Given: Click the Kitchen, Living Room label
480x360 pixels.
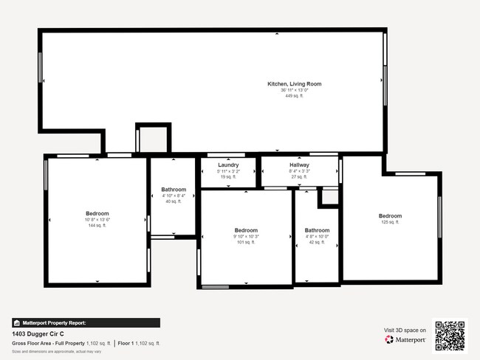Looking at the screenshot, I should [x=294, y=84].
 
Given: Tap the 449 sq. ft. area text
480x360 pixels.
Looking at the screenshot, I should [x=294, y=96].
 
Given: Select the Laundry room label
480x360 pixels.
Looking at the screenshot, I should [x=228, y=165].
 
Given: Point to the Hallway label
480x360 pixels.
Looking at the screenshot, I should [x=299, y=165].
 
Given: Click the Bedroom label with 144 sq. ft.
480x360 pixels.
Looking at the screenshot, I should [x=97, y=213].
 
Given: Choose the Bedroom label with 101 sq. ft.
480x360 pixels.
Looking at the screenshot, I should [x=246, y=230].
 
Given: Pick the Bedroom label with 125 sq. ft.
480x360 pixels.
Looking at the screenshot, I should [x=390, y=215].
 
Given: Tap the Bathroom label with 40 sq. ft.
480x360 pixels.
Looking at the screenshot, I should [x=174, y=190].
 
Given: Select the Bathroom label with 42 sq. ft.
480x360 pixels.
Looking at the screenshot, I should [x=317, y=230].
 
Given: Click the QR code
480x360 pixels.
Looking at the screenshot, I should [x=450, y=335].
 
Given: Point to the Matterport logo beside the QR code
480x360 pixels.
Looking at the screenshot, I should [x=405, y=339].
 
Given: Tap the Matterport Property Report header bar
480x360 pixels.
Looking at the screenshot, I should [x=86, y=322].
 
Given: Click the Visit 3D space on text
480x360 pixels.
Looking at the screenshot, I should [x=405, y=330].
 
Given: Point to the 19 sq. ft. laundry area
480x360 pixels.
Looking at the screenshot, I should [x=228, y=177].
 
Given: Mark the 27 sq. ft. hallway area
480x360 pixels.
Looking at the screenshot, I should [x=299, y=177].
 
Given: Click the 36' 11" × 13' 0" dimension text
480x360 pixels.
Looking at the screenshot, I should [x=294, y=90].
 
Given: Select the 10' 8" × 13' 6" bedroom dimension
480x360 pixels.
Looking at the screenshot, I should [x=97, y=220].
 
